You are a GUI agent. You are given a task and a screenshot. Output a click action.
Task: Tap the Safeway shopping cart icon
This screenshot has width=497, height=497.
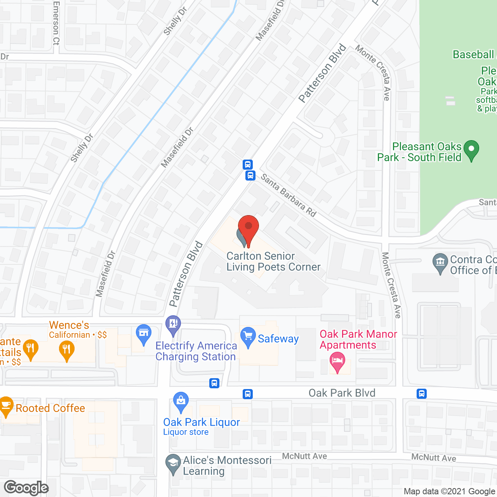tap(248, 336)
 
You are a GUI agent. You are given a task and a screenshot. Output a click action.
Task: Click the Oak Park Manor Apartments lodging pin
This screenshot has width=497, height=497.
tap(337, 361)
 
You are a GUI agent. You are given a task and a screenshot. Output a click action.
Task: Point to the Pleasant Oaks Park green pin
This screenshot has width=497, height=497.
tap(471, 150)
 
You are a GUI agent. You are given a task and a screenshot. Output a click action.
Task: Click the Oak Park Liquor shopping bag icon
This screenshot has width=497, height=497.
tap(181, 401)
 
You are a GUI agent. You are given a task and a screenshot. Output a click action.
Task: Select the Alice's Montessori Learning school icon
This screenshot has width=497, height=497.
tap(173, 464)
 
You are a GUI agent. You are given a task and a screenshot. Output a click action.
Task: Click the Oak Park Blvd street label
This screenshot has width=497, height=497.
tap(342, 393)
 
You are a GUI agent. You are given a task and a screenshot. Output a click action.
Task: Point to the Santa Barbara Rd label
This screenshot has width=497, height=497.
tap(288, 195)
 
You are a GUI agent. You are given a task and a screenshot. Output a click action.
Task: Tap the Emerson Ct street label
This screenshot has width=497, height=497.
tap(56, 23)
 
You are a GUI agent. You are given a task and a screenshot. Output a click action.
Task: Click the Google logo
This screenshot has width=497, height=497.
tap(26, 488)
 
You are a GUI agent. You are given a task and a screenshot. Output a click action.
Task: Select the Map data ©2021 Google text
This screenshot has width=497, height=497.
tap(450, 492)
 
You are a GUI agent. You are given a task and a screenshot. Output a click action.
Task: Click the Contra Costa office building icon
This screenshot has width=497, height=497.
tap(440, 262)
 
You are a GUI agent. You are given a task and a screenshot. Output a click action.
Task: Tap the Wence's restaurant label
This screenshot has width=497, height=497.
tap(69, 325)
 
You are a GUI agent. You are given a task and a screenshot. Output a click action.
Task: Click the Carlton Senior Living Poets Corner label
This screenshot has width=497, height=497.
tap(273, 261)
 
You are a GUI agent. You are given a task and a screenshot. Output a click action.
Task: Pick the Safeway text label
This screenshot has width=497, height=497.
tap(278, 339)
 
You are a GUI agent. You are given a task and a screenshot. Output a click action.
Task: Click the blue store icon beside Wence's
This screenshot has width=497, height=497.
tap(144, 334)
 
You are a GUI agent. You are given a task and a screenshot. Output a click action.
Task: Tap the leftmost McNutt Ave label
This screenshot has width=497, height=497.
tap(304, 456)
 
